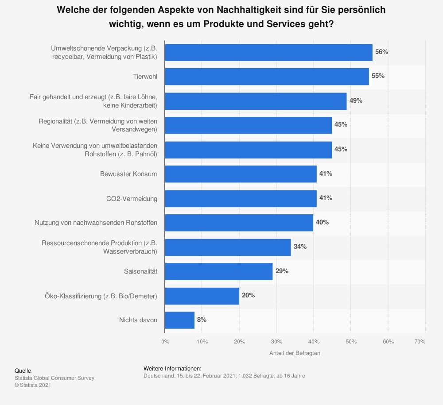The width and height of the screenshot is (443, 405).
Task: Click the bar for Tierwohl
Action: coord(267,76)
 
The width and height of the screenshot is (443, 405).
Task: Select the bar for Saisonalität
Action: coord(219,271)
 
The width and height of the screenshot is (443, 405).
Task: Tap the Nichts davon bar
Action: coord(180,320)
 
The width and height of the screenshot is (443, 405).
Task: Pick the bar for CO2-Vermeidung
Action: coord(241,198)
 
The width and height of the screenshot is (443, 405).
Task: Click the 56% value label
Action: coord(381,52)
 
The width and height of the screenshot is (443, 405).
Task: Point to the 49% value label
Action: coord(356,100)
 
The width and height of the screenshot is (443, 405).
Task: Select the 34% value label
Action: coord(300,247)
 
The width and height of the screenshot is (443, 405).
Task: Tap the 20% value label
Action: coord(248,295)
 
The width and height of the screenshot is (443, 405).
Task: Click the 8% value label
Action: coord(202,320)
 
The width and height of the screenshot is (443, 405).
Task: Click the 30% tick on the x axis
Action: coord(276,342)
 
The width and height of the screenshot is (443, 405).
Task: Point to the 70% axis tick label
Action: coord(420,342)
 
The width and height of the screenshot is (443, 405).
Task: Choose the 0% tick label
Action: coord(165,342)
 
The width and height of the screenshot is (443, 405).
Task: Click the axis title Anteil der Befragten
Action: coord(295,353)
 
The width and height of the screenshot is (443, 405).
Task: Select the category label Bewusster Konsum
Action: coord(128,174)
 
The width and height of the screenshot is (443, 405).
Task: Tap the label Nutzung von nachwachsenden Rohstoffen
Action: coord(96,223)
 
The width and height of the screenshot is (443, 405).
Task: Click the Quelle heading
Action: coord(23,371)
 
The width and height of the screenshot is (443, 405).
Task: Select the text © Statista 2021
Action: coord(33,385)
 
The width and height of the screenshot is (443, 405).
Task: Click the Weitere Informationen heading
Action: coord(172,368)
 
